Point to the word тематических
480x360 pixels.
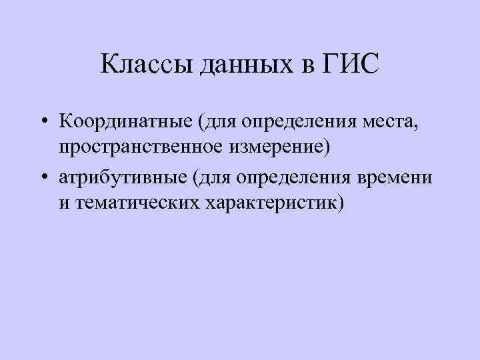(x=139, y=202)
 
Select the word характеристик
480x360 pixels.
(x=273, y=202)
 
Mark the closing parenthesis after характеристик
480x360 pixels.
(x=342, y=202)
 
